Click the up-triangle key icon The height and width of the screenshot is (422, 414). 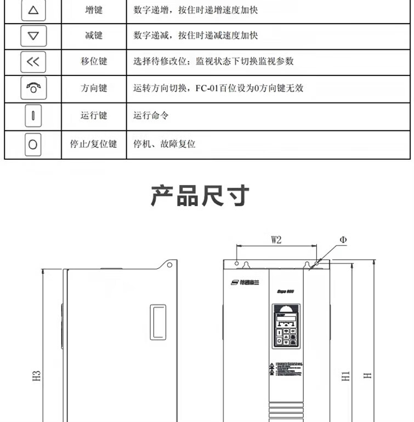pos(33,10)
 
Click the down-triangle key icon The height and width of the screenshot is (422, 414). pos(33,36)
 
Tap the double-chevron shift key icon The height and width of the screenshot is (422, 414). pos(33,62)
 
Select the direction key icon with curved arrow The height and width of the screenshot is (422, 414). pos(33,88)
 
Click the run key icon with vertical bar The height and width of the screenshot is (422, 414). pos(33,116)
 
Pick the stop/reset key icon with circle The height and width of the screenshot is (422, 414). pos(33,144)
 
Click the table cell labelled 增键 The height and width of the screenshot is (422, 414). pos(94,10)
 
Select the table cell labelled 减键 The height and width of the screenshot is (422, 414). pos(94,36)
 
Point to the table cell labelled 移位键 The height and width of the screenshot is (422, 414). pos(94,62)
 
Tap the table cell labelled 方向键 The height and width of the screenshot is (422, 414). pos(94,88)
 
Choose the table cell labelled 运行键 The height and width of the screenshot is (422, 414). pos(94,116)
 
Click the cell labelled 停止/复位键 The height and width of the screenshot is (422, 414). pos(94,144)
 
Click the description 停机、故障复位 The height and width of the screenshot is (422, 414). pos(165,144)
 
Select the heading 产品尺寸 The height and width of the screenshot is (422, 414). pos(200,196)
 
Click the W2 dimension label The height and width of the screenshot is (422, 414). pos(276,240)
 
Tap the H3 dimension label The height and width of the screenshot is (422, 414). pos(37,376)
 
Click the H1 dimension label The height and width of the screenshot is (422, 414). pos(345,376)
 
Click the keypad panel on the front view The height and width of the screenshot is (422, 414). pos(285,326)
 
